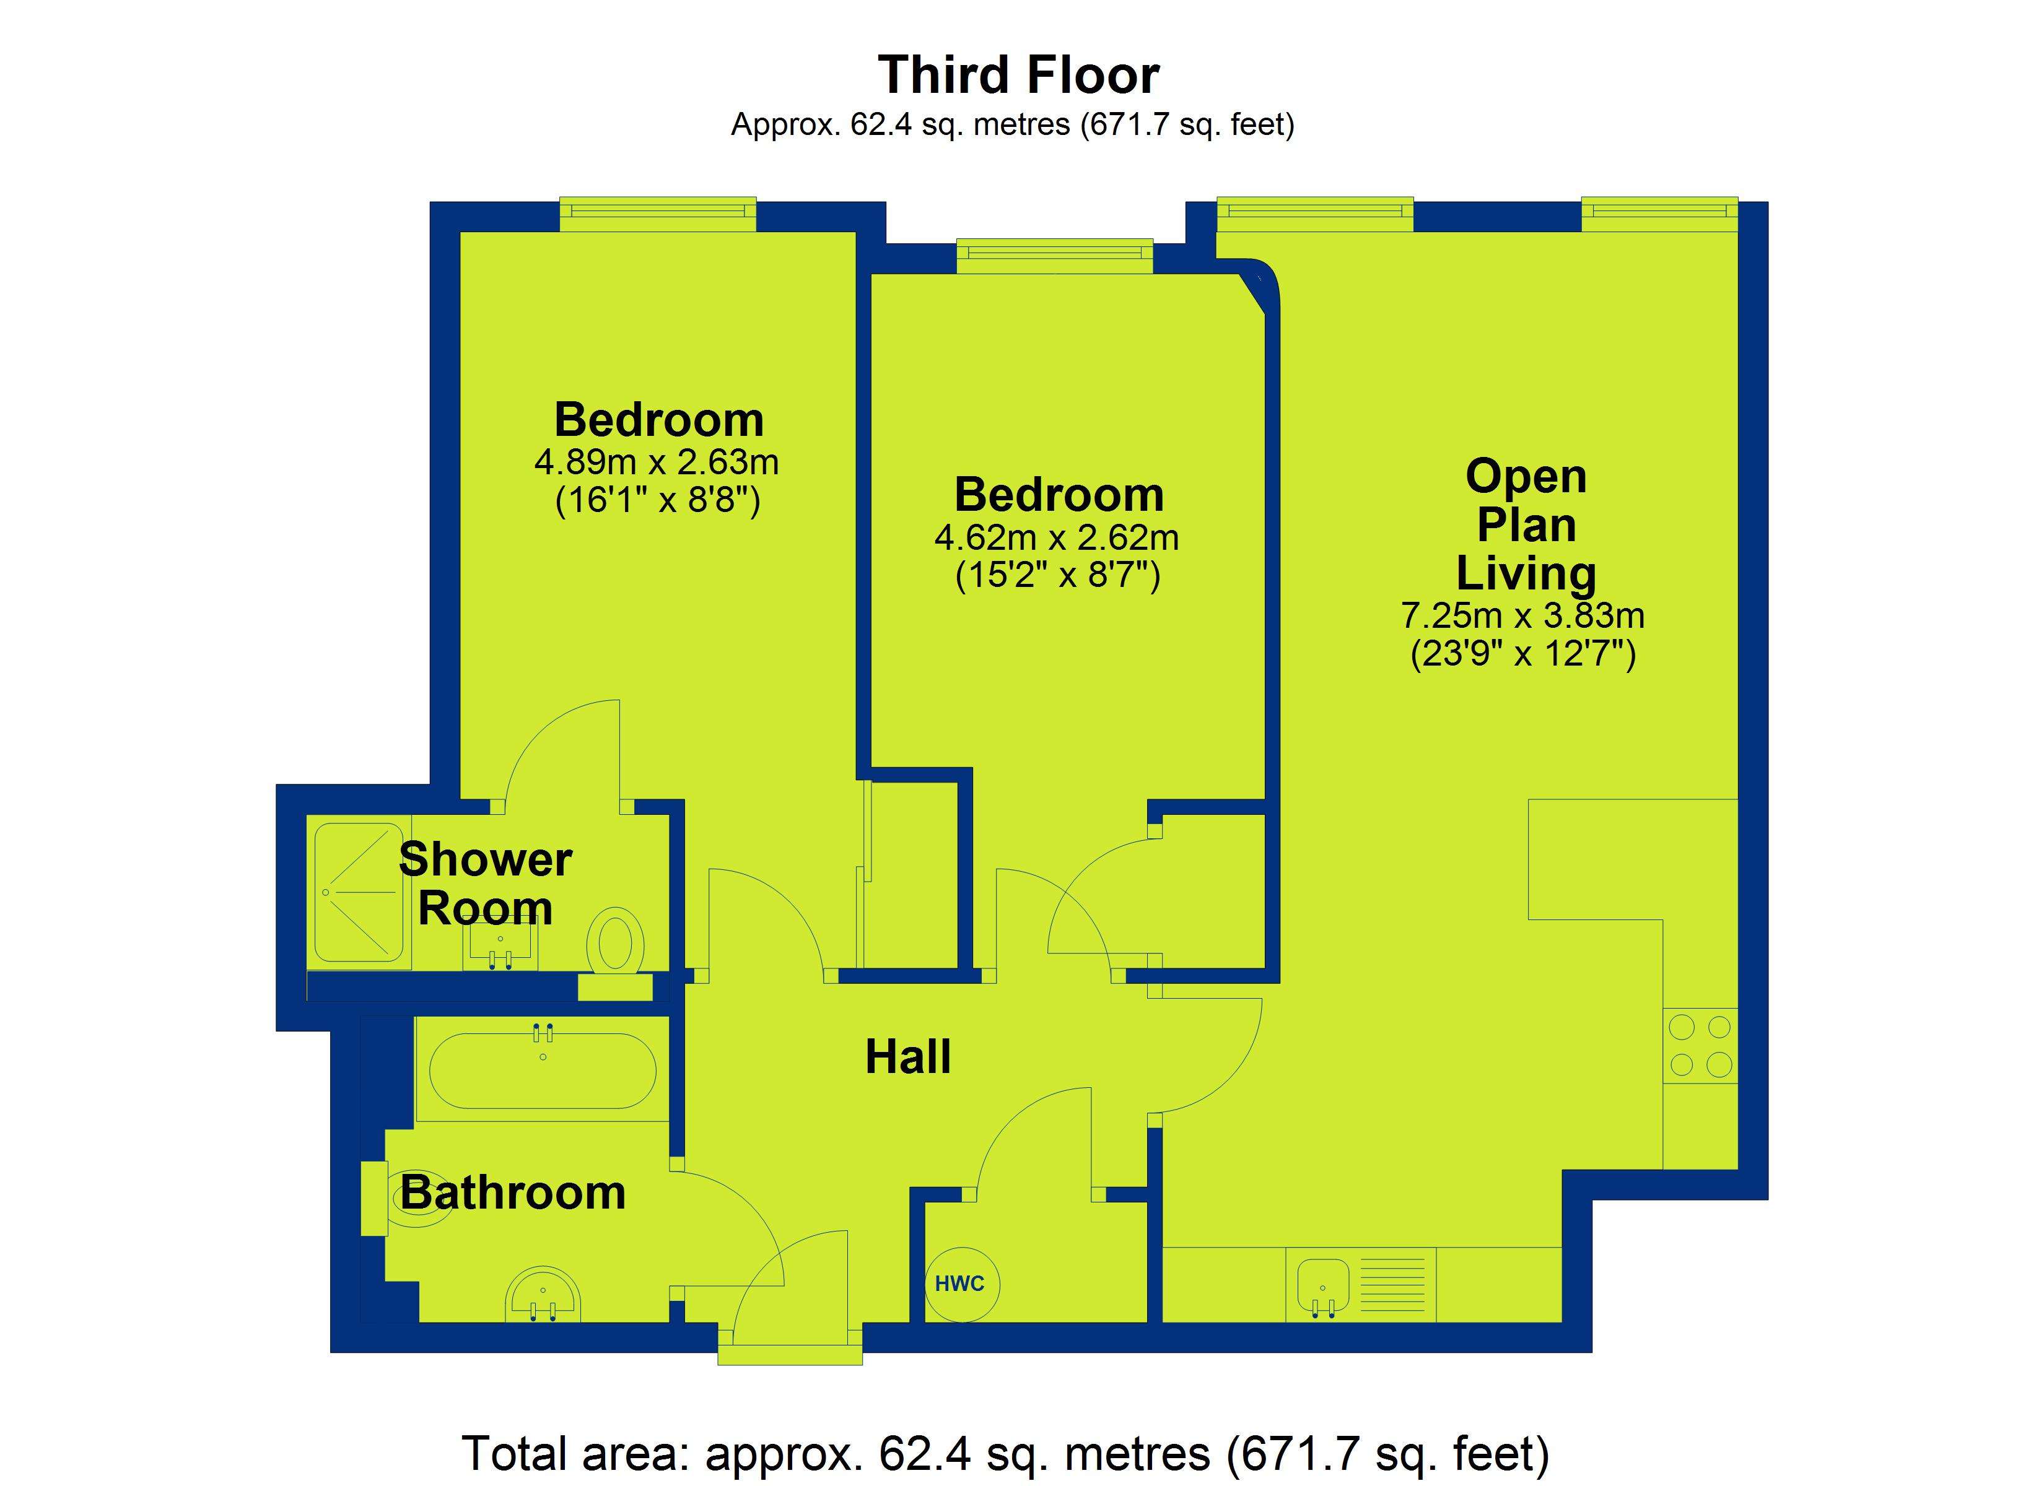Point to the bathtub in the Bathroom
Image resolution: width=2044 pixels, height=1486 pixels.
click(x=543, y=1070)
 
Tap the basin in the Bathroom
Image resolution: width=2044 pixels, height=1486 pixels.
click(x=543, y=1295)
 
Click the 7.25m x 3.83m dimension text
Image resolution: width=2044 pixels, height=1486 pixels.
click(x=1522, y=615)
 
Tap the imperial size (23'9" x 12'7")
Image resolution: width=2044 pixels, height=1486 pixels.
click(x=1522, y=653)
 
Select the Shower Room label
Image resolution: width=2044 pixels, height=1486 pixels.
click(x=485, y=883)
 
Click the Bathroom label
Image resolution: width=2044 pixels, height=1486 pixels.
click(x=513, y=1193)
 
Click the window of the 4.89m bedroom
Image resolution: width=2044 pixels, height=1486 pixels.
click(x=658, y=214)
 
